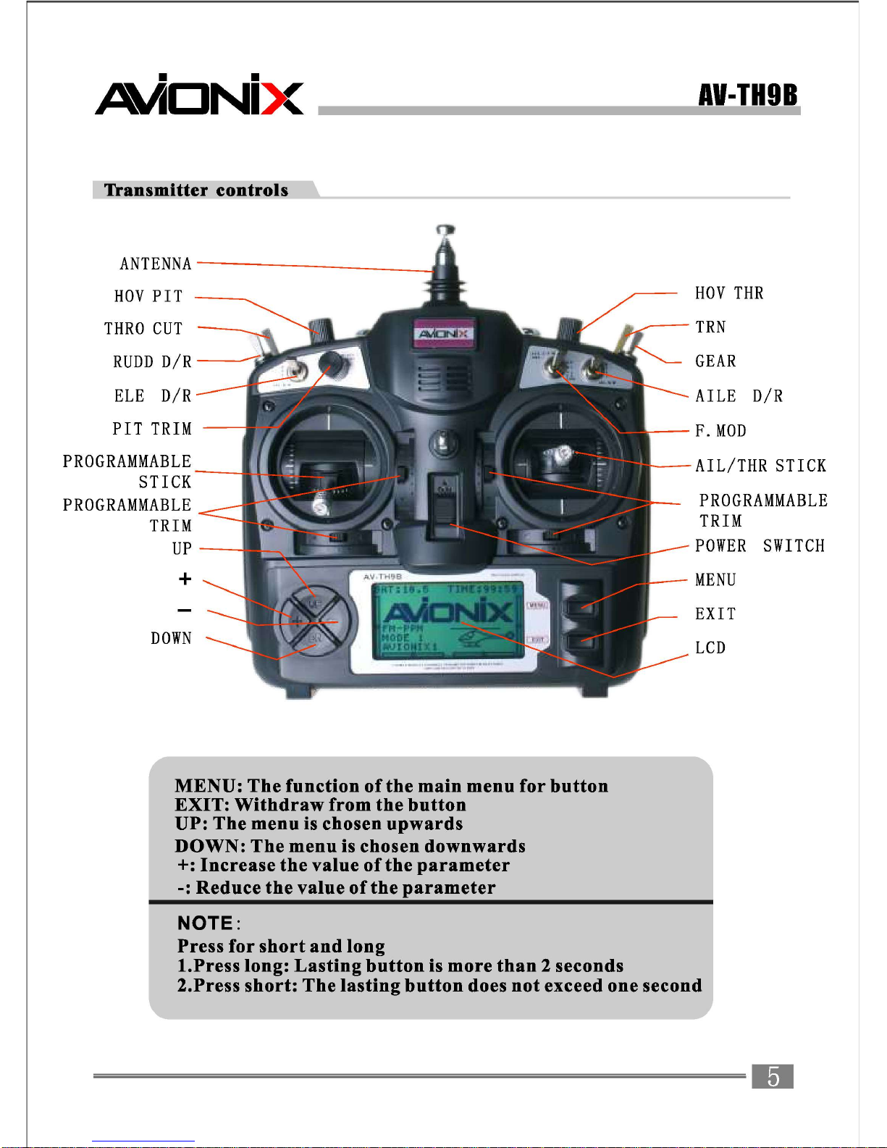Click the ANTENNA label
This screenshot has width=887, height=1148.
[156, 264]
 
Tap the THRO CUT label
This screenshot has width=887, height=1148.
[143, 329]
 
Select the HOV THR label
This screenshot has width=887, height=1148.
[729, 293]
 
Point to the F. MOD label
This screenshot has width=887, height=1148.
[720, 431]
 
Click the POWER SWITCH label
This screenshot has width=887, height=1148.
[760, 546]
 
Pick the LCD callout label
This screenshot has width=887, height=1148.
[710, 648]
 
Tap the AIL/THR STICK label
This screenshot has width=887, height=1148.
[760, 466]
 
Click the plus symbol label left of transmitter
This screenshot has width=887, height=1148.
[185, 579]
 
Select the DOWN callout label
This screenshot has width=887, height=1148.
[172, 638]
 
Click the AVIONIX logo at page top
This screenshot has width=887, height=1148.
[200, 96]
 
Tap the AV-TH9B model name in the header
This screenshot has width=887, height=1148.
[748, 95]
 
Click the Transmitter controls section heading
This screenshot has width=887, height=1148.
[196, 190]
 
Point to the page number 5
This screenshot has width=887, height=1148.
[773, 1076]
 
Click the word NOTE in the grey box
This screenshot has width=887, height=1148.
[205, 923]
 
